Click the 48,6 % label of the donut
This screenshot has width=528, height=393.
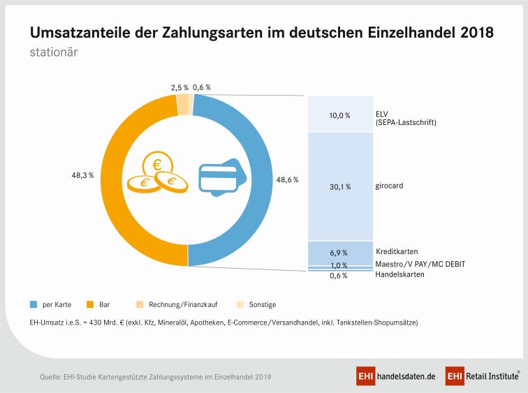coord(288,180)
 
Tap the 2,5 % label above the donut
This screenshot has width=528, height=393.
coord(179,88)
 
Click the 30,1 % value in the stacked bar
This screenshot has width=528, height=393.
coord(340,187)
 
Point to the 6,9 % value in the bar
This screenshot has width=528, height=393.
coord(340,253)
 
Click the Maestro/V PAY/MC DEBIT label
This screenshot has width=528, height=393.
coord(420,264)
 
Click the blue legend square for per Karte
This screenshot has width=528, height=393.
coord(33,304)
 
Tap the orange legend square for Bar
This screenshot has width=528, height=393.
coord(90,304)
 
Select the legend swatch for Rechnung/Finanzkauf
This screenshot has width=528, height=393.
coord(140,304)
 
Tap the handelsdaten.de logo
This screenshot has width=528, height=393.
coord(396,376)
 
